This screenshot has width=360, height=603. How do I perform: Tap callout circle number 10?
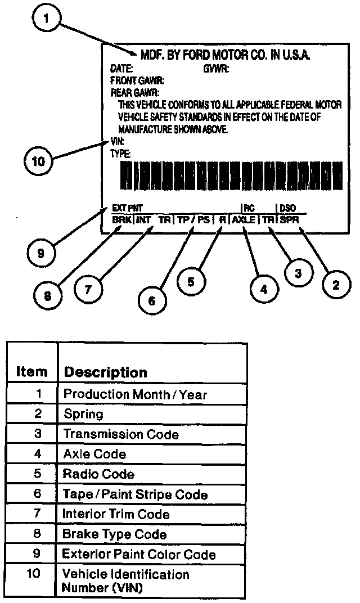(x=37, y=161)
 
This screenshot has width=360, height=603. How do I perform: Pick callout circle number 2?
(x=336, y=285)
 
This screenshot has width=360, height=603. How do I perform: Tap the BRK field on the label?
(x=121, y=219)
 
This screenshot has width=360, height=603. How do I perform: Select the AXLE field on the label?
(x=243, y=219)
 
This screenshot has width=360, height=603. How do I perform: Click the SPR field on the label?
(x=289, y=219)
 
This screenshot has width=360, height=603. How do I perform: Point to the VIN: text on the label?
(x=117, y=142)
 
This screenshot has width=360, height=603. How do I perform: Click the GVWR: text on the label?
(x=217, y=69)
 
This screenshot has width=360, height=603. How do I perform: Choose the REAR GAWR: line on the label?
(x=135, y=92)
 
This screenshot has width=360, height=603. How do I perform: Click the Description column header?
(x=106, y=372)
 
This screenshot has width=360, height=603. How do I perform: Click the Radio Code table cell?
(x=99, y=474)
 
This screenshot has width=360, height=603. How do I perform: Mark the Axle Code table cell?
(x=94, y=454)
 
